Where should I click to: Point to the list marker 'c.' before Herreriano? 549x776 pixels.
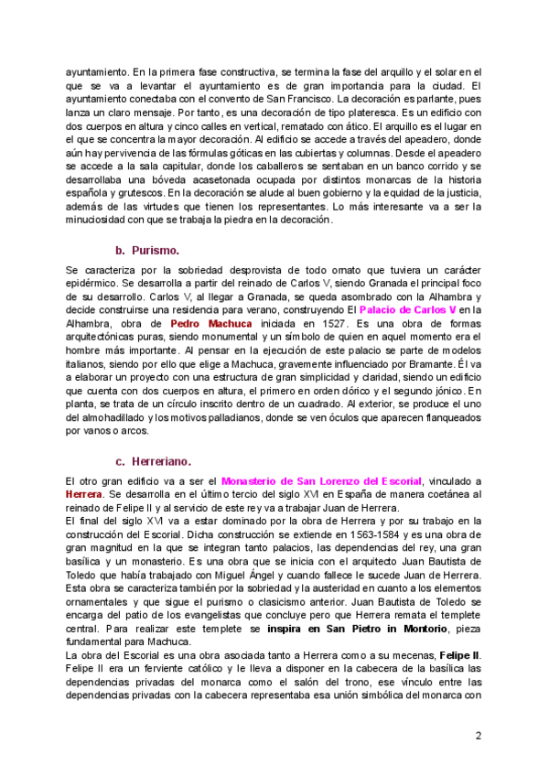pyautogui.click(x=120, y=460)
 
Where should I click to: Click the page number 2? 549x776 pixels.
pyautogui.click(x=478, y=735)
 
